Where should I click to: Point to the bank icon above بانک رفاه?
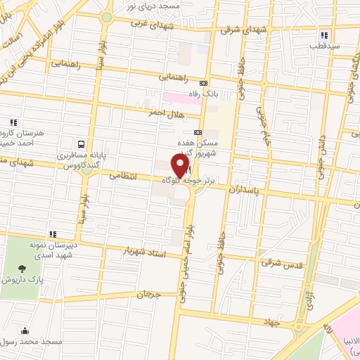coord(204,82)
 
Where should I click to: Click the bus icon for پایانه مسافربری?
coord(82,140)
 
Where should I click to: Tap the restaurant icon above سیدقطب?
coord(323,35)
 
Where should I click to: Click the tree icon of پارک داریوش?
coord(25,268)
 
